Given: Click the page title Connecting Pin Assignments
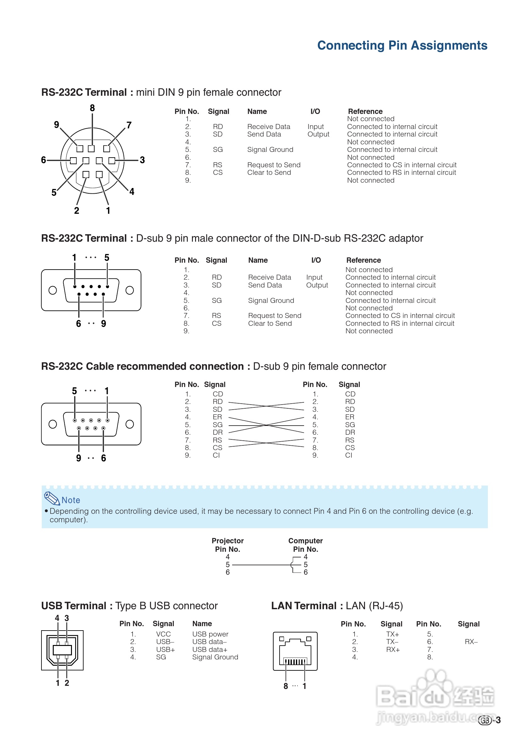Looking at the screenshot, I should click(x=402, y=46).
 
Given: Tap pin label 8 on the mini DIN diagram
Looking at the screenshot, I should click(x=92, y=108).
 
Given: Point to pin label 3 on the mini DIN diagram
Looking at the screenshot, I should click(x=142, y=160).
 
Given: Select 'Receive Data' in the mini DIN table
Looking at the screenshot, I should click(x=268, y=126).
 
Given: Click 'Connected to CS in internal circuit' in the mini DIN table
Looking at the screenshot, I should click(x=401, y=165).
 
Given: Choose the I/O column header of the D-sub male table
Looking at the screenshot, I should click(x=316, y=260).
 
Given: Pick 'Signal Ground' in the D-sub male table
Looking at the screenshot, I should click(x=271, y=300).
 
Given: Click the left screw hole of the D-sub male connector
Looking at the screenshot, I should click(x=52, y=290).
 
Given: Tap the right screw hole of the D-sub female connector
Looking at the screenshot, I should click(x=130, y=424).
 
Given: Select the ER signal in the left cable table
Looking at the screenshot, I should click(x=217, y=417).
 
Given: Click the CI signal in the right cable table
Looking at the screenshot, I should click(x=349, y=455).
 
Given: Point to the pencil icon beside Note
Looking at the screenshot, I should click(x=52, y=498).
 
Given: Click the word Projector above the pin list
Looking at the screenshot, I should click(x=227, y=541).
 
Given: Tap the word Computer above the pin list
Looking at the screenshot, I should click(x=305, y=541).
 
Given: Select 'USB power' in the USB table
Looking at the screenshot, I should click(x=210, y=634).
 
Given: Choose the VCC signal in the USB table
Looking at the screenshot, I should click(x=163, y=634).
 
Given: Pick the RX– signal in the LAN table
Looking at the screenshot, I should click(x=471, y=642).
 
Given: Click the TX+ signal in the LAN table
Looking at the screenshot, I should click(x=393, y=634).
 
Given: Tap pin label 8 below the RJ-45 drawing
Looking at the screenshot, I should click(x=286, y=686).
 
